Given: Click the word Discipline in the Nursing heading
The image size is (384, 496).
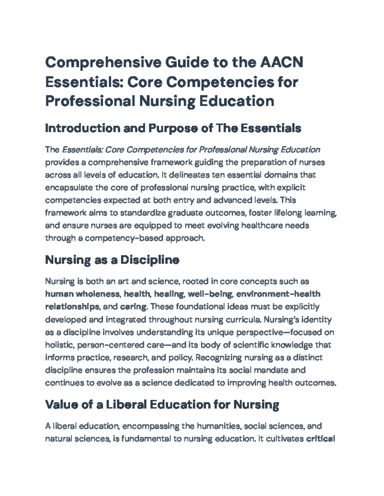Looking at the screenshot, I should [x=149, y=260].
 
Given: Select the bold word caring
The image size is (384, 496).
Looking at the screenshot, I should [x=133, y=307].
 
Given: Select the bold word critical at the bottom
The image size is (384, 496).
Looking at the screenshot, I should [x=321, y=439].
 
